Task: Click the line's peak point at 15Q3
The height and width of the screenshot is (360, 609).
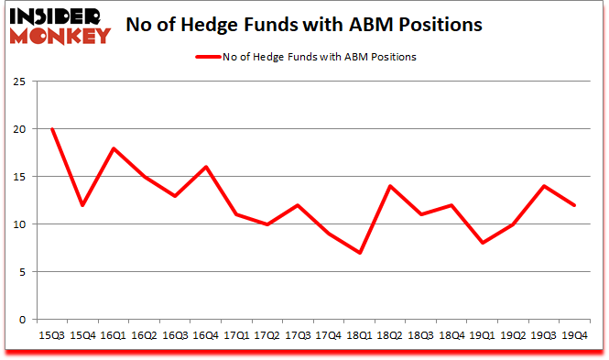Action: pos(52,128)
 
